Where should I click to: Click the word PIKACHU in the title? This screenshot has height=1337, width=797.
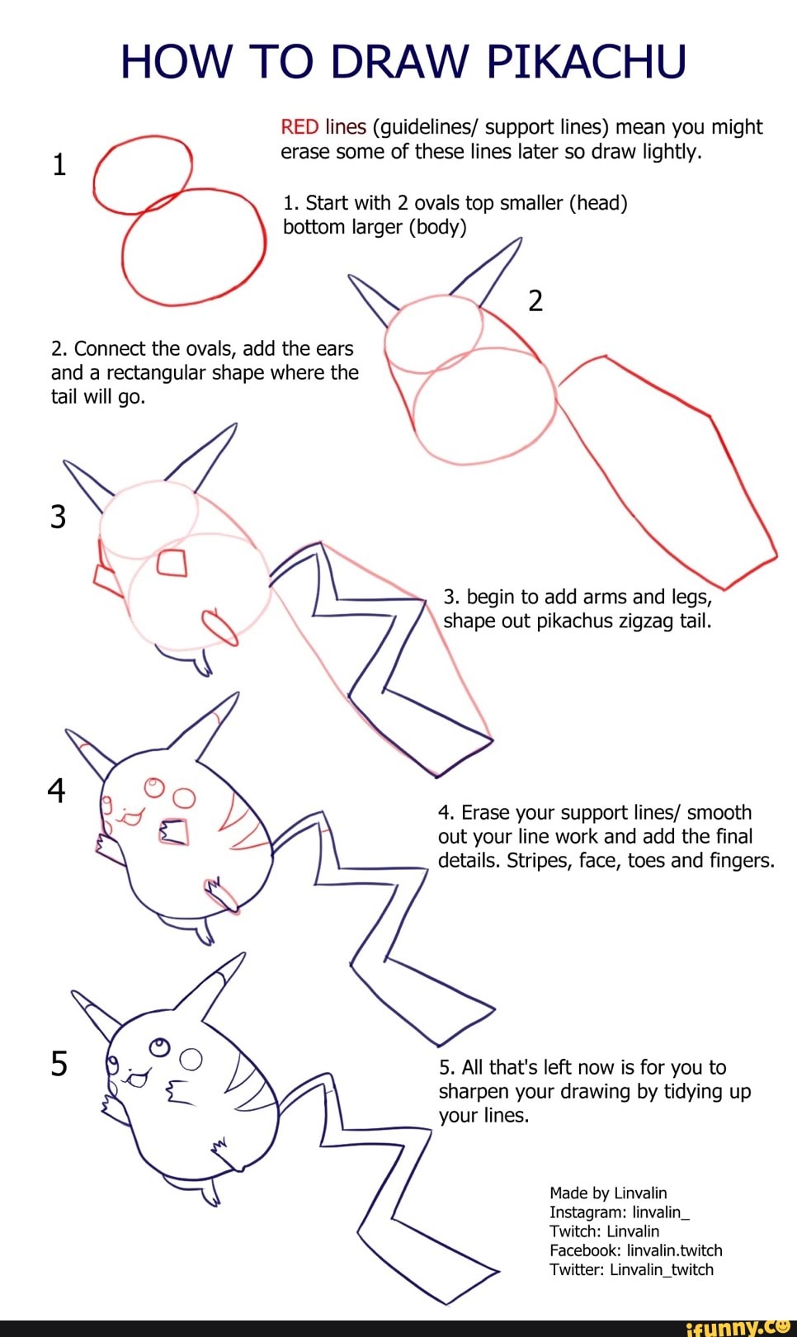[586, 61]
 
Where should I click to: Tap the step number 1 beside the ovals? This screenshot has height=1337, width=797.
[59, 165]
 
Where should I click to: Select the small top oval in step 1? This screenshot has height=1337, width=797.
[142, 175]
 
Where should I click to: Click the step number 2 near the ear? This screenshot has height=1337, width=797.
[535, 301]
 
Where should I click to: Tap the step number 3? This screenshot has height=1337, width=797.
[58, 517]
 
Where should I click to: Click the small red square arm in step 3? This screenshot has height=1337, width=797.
[172, 564]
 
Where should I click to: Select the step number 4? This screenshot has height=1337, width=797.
[56, 791]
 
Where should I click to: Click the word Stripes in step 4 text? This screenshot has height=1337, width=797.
[539, 861]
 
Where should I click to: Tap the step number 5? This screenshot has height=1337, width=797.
[59, 1064]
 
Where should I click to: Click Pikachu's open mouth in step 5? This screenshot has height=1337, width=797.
[136, 1078]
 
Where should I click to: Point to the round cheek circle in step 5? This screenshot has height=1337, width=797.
[191, 1059]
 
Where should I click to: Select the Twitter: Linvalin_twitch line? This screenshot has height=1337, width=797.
[631, 1269]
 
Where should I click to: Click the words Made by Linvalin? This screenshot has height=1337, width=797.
[608, 1193]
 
